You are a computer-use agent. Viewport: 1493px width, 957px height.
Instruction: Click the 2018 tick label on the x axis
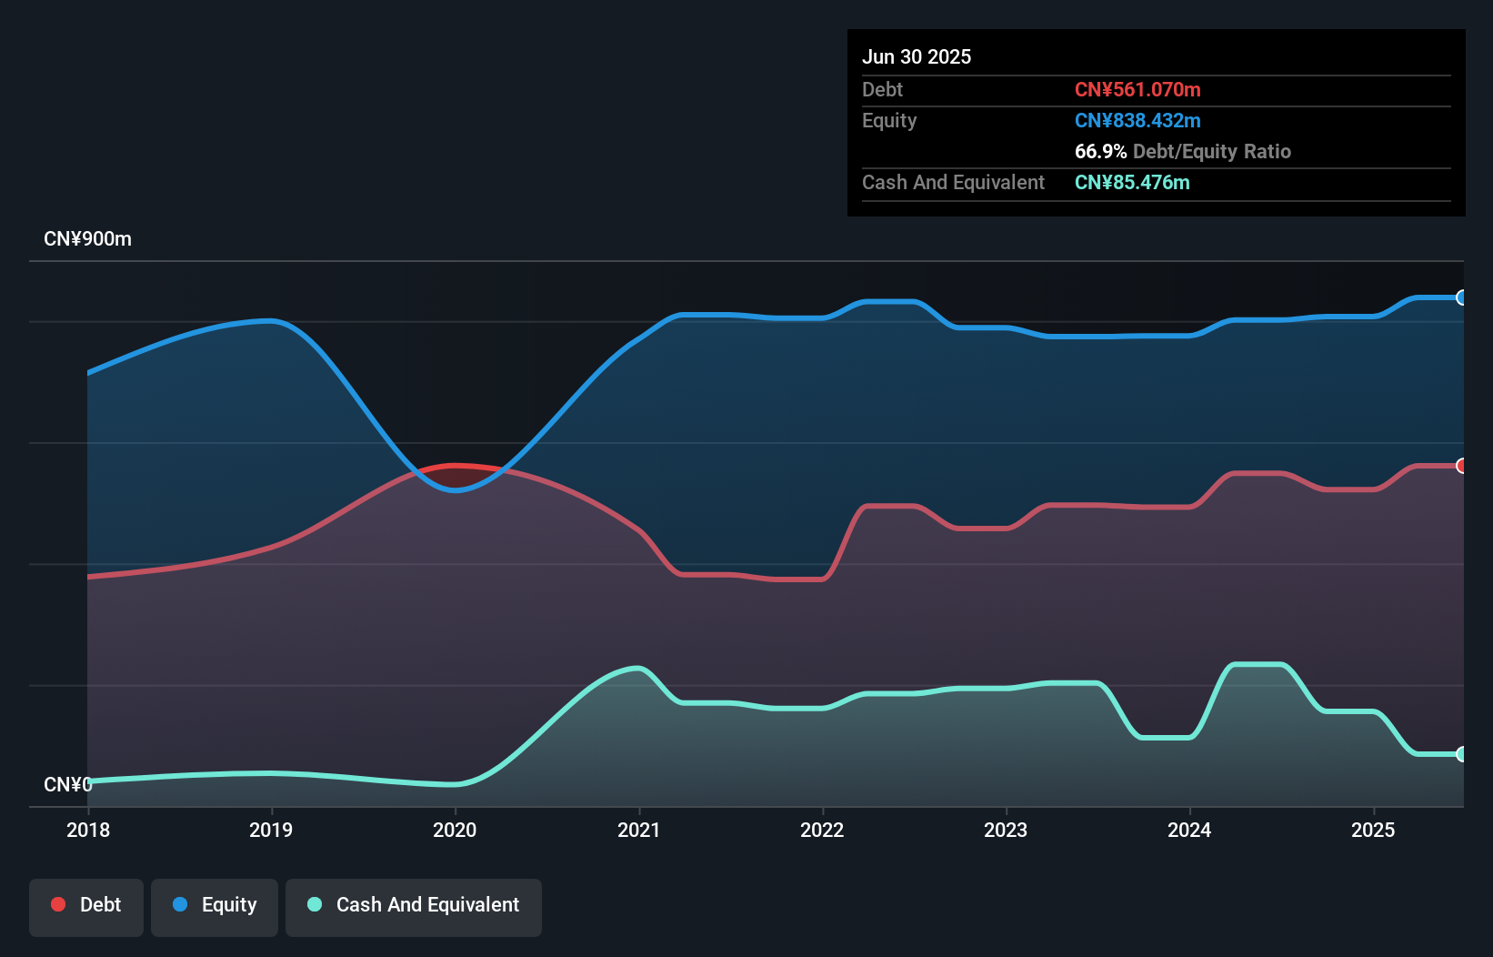(x=88, y=830)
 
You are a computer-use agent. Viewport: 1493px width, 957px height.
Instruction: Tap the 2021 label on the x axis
(x=638, y=830)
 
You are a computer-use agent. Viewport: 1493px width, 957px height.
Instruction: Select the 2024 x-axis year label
(x=1189, y=830)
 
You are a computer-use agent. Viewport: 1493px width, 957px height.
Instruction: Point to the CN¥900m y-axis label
(x=87, y=239)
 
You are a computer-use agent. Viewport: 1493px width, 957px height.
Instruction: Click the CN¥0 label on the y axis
(x=67, y=784)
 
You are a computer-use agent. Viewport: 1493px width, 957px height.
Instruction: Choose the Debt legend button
(x=86, y=905)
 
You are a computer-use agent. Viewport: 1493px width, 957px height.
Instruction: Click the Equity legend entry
(x=215, y=905)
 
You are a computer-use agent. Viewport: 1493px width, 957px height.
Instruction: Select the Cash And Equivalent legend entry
(x=414, y=905)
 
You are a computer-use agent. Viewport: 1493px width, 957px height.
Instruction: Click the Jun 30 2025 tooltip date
(x=917, y=56)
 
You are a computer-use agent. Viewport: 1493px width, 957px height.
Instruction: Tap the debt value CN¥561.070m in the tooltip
(x=1137, y=89)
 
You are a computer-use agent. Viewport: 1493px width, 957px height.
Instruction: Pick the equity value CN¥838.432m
(x=1137, y=120)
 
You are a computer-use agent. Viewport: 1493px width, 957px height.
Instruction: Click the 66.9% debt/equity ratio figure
(x=1100, y=151)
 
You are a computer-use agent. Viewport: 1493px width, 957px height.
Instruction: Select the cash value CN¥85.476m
(x=1132, y=182)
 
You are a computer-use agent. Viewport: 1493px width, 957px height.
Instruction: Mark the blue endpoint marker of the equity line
(x=1461, y=297)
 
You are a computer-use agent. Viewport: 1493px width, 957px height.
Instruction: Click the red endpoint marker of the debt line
(x=1461, y=466)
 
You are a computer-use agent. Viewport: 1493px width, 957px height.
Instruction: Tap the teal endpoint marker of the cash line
(x=1461, y=754)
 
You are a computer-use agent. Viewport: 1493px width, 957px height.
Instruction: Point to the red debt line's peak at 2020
(x=456, y=466)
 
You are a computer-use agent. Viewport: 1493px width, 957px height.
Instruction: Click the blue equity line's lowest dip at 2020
(x=456, y=489)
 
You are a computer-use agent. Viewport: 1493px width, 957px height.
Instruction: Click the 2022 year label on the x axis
(x=822, y=830)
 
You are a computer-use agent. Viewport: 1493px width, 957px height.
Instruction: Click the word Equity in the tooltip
(x=889, y=120)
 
